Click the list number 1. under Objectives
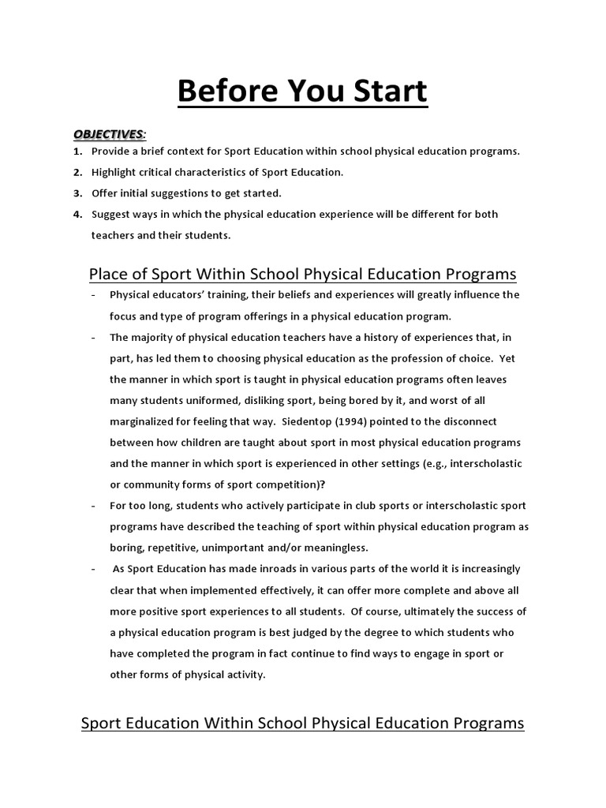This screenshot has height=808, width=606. tap(78, 151)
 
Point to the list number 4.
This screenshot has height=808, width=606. tap(78, 214)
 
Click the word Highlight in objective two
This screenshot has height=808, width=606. tap(115, 172)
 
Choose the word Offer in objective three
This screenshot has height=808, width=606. tap(105, 193)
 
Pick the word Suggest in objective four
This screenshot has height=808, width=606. tap(112, 214)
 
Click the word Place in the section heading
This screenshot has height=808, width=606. tap(108, 274)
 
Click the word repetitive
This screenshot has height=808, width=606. tap(173, 547)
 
